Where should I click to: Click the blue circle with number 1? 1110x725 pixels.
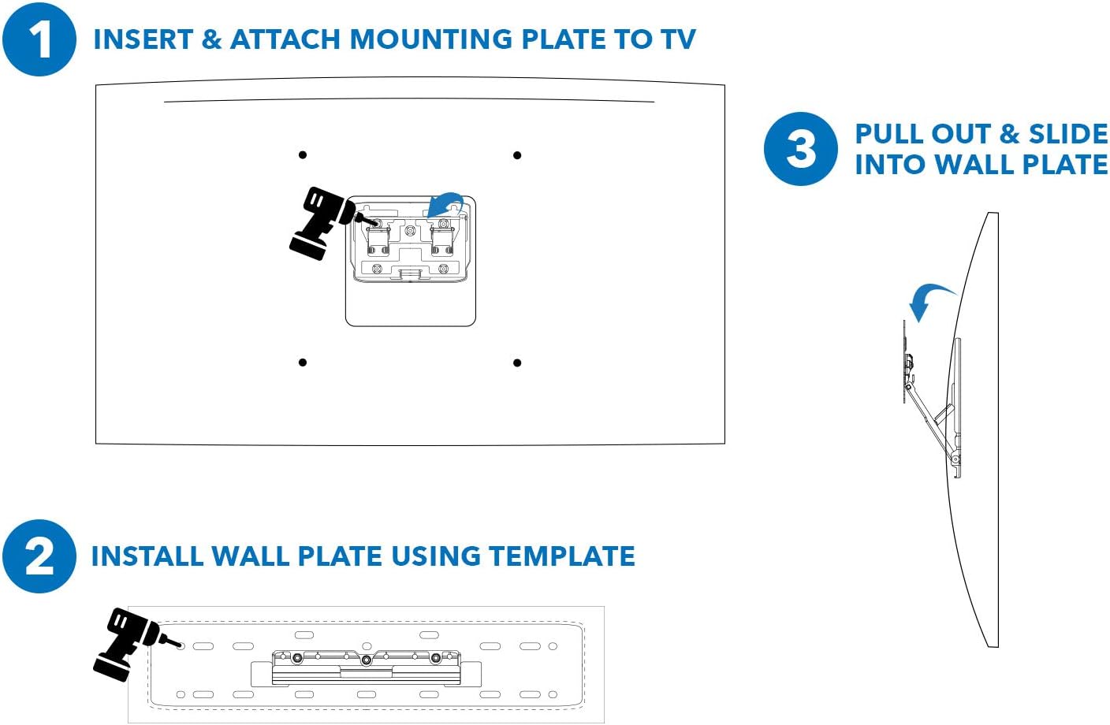[39, 39]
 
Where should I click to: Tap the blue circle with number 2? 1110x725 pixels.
[39, 556]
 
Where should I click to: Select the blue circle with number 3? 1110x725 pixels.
[800, 149]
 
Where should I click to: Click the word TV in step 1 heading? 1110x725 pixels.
[677, 39]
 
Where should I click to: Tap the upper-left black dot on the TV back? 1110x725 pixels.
[303, 155]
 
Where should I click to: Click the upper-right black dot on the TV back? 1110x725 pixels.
[517, 155]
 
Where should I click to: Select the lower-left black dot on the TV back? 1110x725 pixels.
[303, 362]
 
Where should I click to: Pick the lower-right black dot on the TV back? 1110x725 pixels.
[517, 362]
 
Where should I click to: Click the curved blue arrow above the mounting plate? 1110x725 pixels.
[446, 204]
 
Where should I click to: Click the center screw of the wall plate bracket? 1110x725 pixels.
[367, 660]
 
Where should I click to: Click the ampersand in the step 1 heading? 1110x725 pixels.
[211, 39]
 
